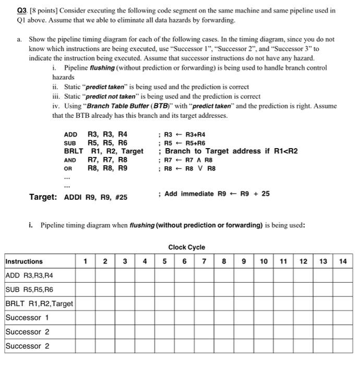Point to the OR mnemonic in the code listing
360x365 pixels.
click(x=68, y=169)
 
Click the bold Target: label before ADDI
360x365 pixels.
click(x=43, y=197)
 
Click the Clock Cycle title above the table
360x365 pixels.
click(x=186, y=247)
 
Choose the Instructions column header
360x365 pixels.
click(x=24, y=261)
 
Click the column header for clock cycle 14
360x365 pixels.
click(x=342, y=261)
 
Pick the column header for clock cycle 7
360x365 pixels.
click(x=204, y=261)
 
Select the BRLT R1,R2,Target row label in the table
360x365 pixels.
click(x=39, y=303)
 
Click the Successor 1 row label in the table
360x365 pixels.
click(x=27, y=318)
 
